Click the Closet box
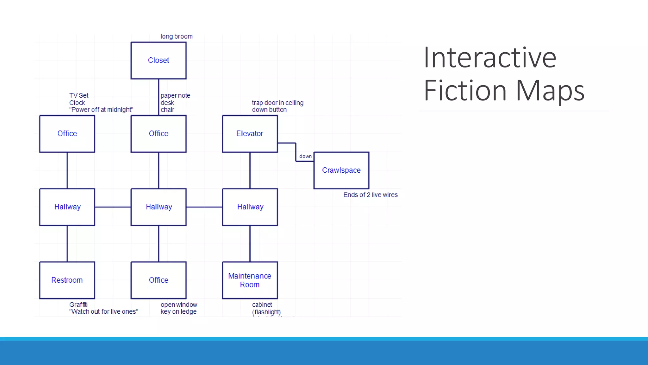point(159,61)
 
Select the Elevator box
point(250,134)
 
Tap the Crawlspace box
point(341,170)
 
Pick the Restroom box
point(67,280)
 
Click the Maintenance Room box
point(250,280)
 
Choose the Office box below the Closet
point(159,134)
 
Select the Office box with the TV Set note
point(67,134)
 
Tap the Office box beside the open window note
point(159,280)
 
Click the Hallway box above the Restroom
point(67,207)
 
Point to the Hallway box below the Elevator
point(250,207)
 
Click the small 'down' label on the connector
point(305,156)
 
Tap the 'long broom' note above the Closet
point(176,36)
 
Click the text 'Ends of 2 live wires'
point(370,195)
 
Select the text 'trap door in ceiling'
point(277,103)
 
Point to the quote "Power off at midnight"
point(101,110)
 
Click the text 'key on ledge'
point(178,312)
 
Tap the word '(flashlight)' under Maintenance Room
point(266,312)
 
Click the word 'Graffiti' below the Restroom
point(78,304)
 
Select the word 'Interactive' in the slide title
point(489,58)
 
